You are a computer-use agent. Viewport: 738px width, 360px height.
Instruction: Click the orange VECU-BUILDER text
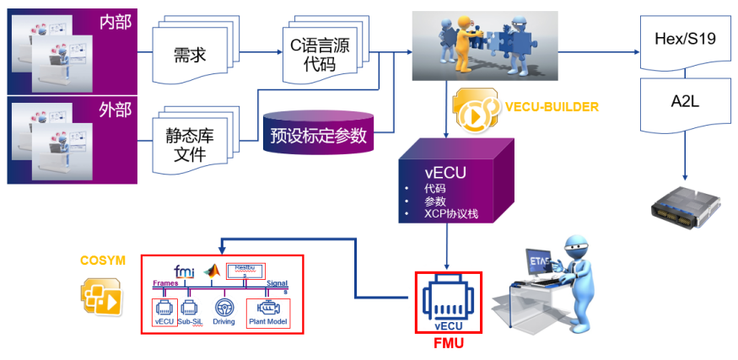tap(552, 107)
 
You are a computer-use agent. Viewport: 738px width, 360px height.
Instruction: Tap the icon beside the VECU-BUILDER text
tap(477, 110)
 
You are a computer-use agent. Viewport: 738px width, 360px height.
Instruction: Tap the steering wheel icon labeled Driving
tap(224, 308)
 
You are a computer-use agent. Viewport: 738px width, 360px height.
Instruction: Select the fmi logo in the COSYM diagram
tap(184, 271)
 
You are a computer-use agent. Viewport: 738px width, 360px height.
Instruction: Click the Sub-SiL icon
tap(191, 309)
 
